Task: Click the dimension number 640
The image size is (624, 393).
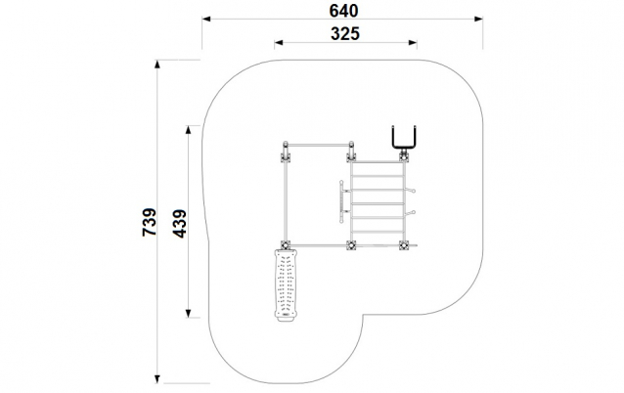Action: (x=344, y=11)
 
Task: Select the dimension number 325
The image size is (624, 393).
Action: (x=345, y=34)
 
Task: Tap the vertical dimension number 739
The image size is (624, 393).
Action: (x=150, y=222)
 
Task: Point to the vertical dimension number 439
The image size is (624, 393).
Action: (x=180, y=224)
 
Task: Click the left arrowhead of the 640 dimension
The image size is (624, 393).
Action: (x=206, y=19)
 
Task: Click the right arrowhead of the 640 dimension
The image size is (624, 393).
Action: (x=478, y=19)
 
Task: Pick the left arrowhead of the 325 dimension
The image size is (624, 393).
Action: (x=279, y=43)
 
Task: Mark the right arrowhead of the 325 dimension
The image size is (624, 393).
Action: (x=413, y=43)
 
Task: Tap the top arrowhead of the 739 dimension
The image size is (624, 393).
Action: (x=157, y=65)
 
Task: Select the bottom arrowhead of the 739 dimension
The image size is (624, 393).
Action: (x=157, y=379)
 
